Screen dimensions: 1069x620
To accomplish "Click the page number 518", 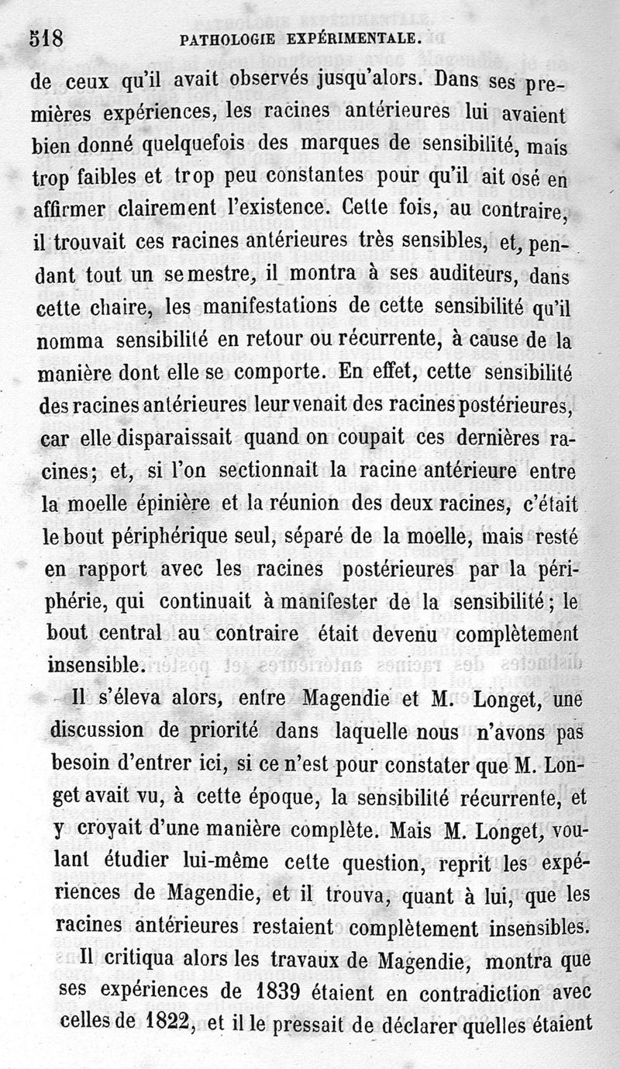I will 46,39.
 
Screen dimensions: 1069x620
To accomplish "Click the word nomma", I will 72,341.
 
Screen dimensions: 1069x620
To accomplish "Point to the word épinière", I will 172,503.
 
